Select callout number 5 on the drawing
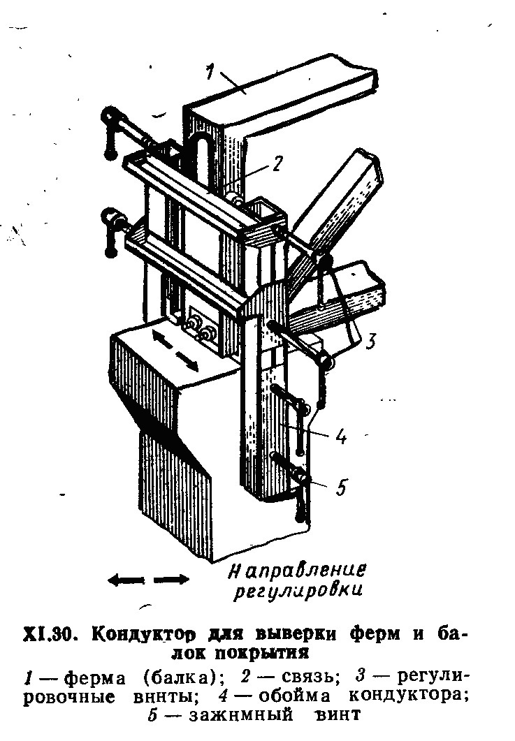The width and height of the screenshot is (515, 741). [340, 487]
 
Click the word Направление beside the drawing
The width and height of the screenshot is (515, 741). [297, 571]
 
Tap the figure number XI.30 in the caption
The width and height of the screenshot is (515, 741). [50, 633]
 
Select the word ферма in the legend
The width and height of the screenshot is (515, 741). [94, 679]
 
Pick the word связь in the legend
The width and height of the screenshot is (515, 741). [311, 677]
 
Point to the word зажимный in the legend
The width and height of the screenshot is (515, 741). [241, 715]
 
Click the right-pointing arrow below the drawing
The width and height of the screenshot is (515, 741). [171, 579]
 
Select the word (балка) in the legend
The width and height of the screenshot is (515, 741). [180, 678]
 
